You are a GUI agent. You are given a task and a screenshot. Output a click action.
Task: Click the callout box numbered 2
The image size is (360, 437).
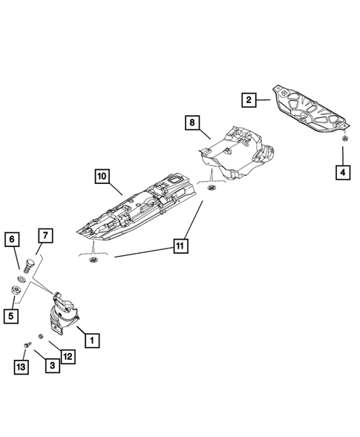click(x=249, y=99)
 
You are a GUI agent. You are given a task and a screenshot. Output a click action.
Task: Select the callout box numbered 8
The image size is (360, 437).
click(x=192, y=122)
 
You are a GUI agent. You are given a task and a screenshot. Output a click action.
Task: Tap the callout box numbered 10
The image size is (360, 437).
click(x=102, y=176)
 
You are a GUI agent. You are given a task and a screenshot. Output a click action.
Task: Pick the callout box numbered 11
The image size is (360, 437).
click(x=180, y=246)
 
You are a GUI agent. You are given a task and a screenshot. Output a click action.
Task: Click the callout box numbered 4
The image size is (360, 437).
click(x=343, y=173)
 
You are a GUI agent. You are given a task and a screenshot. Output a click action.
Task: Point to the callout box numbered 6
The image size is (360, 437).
click(x=12, y=239)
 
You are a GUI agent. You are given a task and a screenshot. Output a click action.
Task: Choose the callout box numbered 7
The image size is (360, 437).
click(x=45, y=236)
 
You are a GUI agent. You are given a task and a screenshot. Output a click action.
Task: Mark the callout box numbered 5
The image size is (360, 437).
click(x=11, y=316)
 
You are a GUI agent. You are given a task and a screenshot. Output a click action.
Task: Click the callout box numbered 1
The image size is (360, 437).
click(x=92, y=340)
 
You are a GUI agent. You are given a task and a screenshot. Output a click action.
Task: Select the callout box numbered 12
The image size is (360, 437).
click(x=68, y=356)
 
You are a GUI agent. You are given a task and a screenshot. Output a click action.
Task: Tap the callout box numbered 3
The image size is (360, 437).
click(x=53, y=366)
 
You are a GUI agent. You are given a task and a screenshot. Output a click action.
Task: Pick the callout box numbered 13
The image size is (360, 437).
click(x=22, y=367)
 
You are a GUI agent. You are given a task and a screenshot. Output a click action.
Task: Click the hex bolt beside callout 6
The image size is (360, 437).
click(x=27, y=266)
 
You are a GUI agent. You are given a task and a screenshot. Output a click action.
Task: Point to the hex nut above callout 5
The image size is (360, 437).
click(x=15, y=290)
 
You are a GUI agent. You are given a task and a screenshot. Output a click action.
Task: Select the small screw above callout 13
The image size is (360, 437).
click(x=27, y=345)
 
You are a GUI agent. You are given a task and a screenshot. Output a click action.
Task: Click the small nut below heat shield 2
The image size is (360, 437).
click(x=344, y=138)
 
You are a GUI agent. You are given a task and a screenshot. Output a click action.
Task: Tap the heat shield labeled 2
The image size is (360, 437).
click(x=310, y=109)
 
